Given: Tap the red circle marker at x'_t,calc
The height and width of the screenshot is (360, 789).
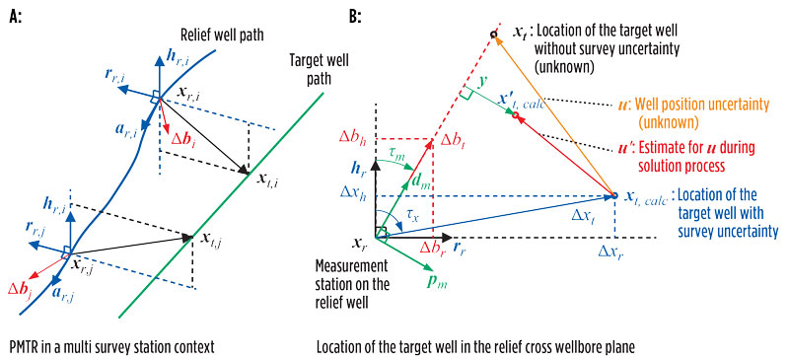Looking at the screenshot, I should pos(516,116).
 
